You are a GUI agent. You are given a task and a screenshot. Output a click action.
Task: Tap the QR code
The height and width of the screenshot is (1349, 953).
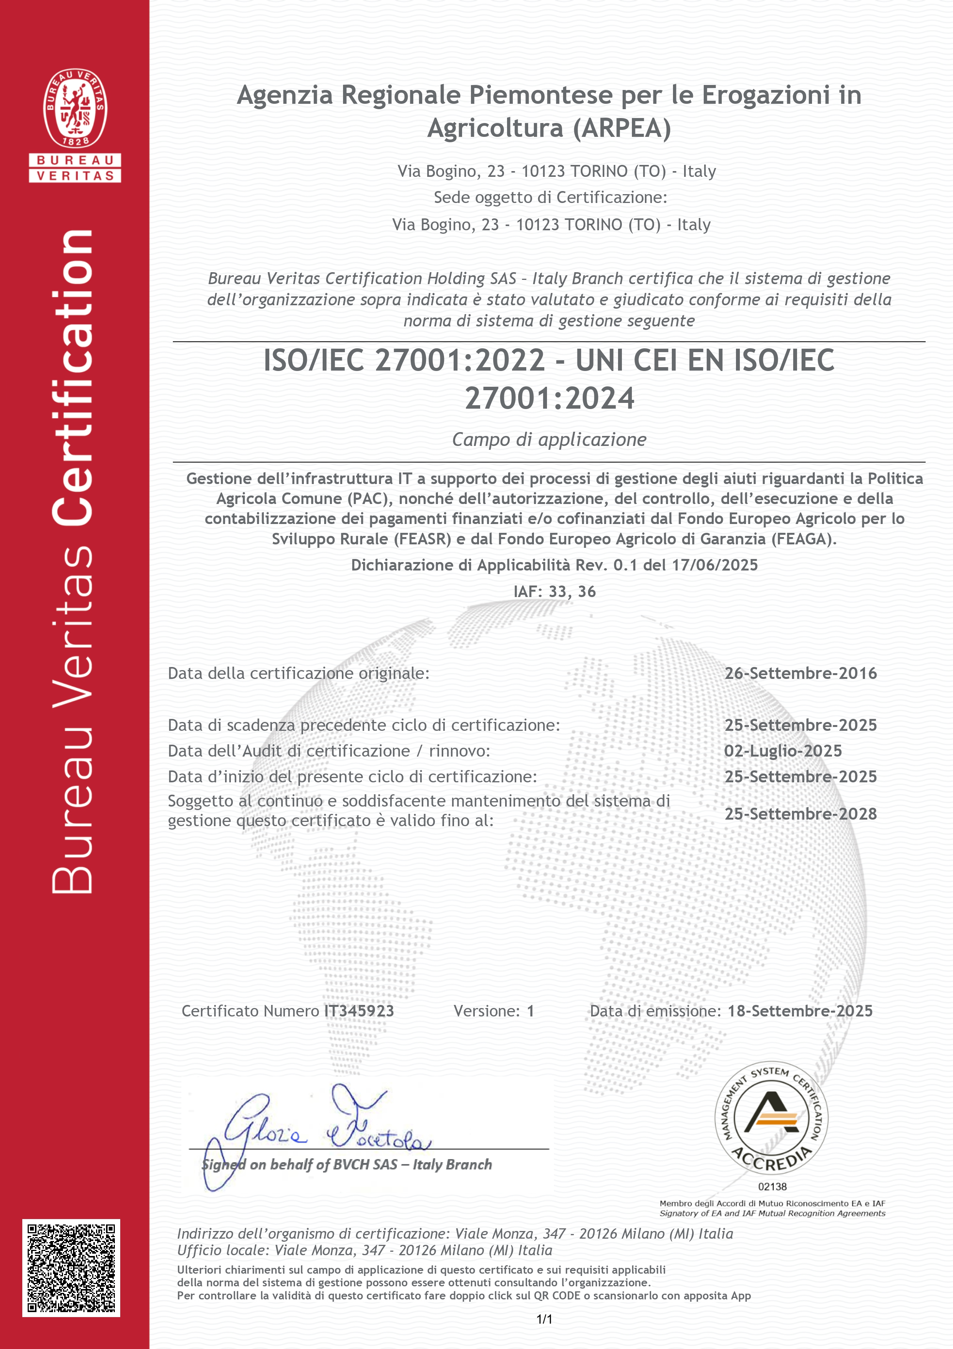click(x=71, y=1268)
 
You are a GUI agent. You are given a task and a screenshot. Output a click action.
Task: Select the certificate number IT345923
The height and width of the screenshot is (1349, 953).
click(x=359, y=1011)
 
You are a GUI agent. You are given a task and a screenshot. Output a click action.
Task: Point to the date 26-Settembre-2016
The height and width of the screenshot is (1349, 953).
click(x=801, y=673)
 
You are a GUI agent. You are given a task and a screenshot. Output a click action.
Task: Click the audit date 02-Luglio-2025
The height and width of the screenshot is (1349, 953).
click(x=783, y=751)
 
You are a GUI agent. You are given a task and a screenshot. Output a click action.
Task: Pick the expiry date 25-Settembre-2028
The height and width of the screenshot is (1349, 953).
click(x=801, y=814)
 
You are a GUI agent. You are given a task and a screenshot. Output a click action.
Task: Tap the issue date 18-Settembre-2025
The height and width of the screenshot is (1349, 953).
click(x=800, y=1011)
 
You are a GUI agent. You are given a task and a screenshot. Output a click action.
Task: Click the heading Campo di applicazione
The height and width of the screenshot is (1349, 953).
click(x=549, y=439)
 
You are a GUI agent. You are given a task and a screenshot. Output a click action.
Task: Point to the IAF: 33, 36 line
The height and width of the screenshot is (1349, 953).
click(x=554, y=592)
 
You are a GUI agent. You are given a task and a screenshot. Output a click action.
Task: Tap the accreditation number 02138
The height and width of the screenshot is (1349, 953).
click(x=772, y=1186)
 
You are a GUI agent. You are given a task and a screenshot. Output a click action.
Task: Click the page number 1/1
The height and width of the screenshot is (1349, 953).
click(x=544, y=1319)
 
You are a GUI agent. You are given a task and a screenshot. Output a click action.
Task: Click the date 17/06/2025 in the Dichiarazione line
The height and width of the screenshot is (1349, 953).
click(x=714, y=565)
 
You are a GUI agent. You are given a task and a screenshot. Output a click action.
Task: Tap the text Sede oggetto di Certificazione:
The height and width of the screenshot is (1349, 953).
click(x=550, y=198)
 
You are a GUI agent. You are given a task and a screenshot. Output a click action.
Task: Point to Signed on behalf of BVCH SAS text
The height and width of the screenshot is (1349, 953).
click(x=346, y=1164)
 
